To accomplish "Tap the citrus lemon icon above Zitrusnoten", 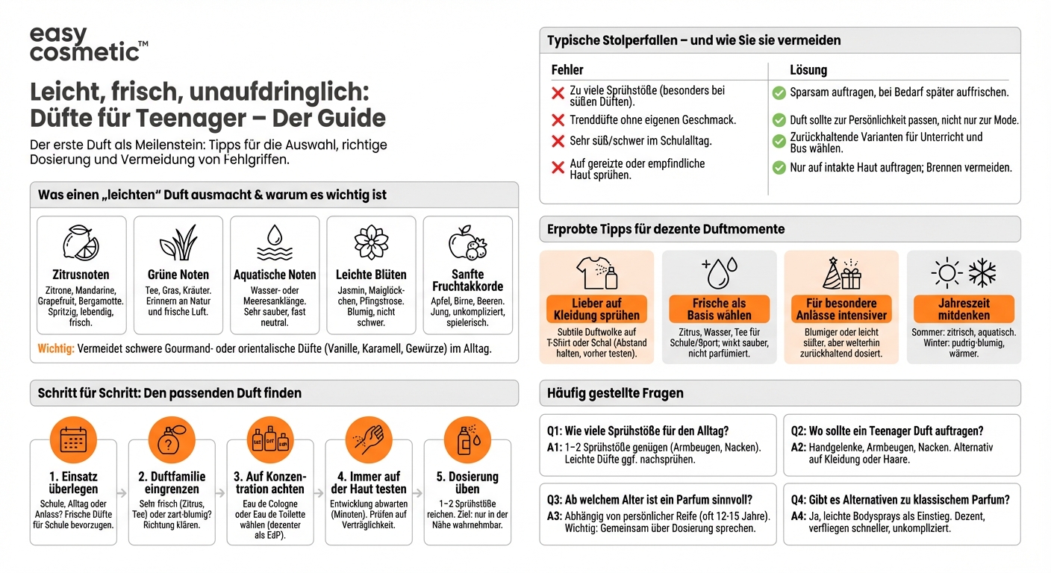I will tap(81, 242).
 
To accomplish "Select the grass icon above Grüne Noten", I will tap(178, 243).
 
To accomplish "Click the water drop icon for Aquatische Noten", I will tap(275, 242).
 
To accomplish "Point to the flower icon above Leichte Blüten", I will tap(371, 242).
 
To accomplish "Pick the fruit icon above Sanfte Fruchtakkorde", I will tap(467, 242).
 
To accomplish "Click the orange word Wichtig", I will tap(56, 348).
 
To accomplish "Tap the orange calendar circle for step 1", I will tap(73, 440).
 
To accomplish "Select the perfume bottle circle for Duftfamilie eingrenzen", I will tap(172, 440).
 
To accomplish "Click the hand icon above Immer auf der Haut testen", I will tap(369, 440).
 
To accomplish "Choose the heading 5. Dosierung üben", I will tap(467, 483).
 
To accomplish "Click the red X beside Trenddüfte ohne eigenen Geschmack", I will tap(558, 120).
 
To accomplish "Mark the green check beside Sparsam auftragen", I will tap(779, 93).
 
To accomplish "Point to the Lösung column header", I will tap(808, 70).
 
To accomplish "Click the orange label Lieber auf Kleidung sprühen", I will tap(596, 309).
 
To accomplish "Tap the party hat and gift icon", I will tap(841, 273).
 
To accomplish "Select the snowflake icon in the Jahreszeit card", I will tap(982, 273).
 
